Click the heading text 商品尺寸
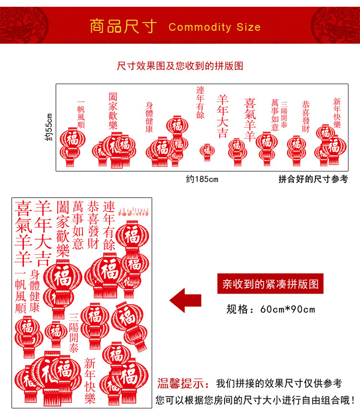(x=123, y=26)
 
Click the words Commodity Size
(x=215, y=27)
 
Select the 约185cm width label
(x=202, y=179)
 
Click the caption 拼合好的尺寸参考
(x=313, y=179)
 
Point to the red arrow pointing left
(x=185, y=300)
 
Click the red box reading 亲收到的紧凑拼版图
(x=270, y=284)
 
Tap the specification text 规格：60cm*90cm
(x=271, y=309)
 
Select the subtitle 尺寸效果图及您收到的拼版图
(x=180, y=66)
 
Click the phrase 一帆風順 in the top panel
(x=81, y=114)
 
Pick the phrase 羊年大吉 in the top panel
(x=222, y=116)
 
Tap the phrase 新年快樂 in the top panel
(x=337, y=113)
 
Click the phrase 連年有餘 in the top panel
(x=200, y=102)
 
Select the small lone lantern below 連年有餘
(x=207, y=150)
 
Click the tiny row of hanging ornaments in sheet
(x=134, y=210)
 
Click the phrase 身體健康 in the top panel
(x=149, y=117)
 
